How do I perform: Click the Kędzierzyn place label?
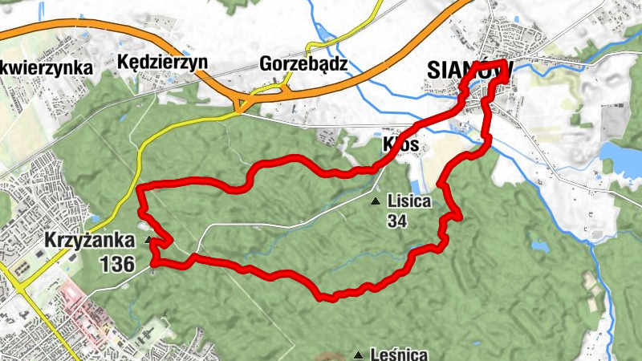(162, 62)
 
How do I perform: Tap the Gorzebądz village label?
(303, 63)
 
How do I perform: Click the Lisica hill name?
(409, 201)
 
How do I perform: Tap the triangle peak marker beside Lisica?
(375, 201)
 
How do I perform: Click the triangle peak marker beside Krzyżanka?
(148, 240)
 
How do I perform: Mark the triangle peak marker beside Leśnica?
(357, 354)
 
